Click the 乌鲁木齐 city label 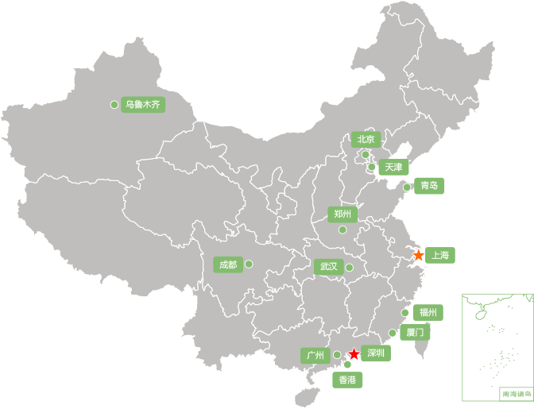(x=143, y=104)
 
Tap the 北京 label (x=366, y=139)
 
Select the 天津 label (x=393, y=167)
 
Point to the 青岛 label (x=429, y=186)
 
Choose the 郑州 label (x=343, y=214)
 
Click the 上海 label (x=441, y=255)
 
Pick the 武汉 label (x=329, y=267)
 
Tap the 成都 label (x=227, y=264)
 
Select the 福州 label (x=428, y=312)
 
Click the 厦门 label (x=415, y=332)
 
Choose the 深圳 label (x=376, y=353)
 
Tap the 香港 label (x=348, y=380)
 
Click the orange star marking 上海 (x=420, y=256)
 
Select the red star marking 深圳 (x=354, y=354)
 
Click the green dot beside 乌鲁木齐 (x=114, y=104)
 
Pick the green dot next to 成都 (x=249, y=264)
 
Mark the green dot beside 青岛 (x=407, y=187)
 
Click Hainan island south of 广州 (x=303, y=395)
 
